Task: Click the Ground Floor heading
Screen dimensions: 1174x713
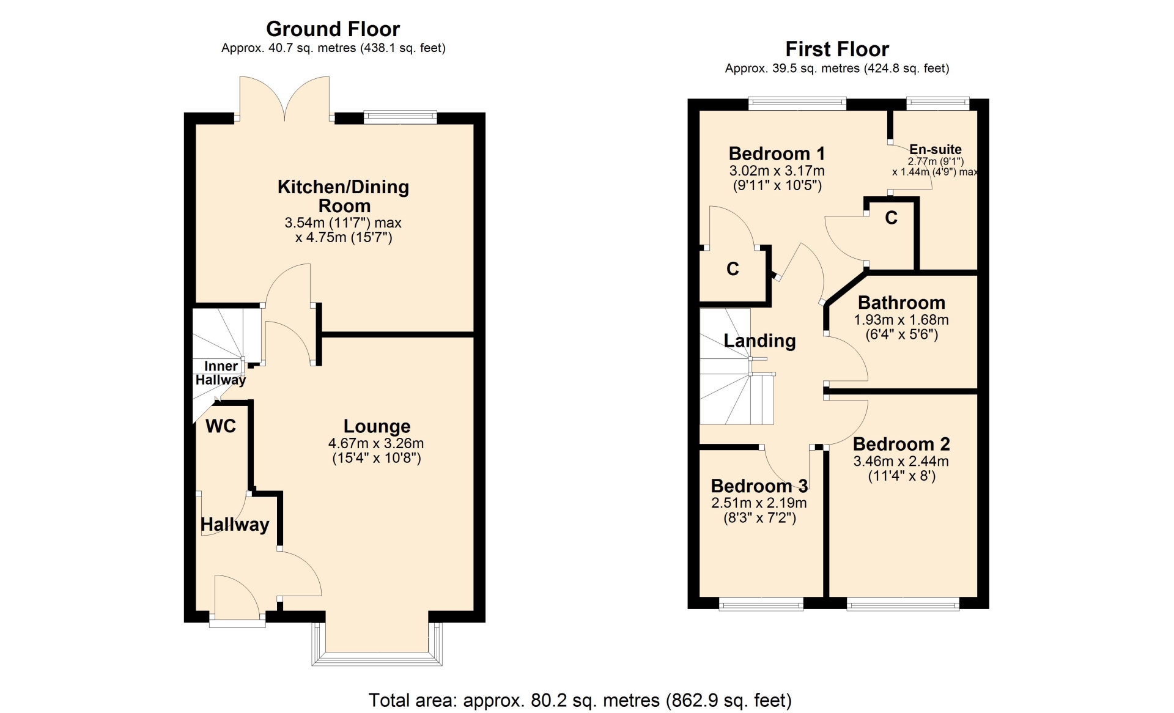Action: pos(333,29)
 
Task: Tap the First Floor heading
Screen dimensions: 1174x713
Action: pos(837,49)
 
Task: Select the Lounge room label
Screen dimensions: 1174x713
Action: pos(377,426)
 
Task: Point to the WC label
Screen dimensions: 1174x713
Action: pos(221,426)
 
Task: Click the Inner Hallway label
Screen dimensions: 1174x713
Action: pos(221,373)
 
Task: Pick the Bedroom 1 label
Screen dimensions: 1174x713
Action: pos(777,153)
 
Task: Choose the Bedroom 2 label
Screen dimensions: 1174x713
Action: pos(901,444)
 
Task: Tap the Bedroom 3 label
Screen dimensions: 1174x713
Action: pos(759,486)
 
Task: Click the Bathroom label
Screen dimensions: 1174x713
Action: pos(901,303)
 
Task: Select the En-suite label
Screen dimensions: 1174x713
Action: pos(936,149)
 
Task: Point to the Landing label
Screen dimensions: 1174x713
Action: pos(759,341)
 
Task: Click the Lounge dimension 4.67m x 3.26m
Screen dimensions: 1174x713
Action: pos(376,443)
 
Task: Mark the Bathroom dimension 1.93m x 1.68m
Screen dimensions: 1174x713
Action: pos(901,320)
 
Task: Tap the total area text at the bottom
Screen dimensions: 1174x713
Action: pos(580,700)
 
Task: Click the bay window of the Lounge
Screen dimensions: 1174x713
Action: pos(377,645)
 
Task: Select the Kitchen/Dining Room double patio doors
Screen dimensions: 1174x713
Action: pos(284,98)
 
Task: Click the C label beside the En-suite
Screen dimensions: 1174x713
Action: pos(891,218)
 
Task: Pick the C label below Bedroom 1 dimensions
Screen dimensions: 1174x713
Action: pos(733,269)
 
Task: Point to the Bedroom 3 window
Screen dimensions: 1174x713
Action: pos(761,604)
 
